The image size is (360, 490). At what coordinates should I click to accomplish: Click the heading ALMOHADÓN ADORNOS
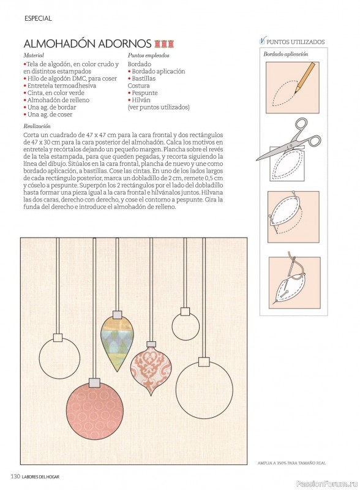88,43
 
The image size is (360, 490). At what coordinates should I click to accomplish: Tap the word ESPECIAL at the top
38,18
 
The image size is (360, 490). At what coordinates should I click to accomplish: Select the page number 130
16,477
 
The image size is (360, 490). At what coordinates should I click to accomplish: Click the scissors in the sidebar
288,139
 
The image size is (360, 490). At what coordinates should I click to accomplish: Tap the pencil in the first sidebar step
305,78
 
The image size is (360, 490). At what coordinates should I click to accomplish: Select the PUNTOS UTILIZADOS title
295,42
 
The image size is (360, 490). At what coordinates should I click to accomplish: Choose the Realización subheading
37,126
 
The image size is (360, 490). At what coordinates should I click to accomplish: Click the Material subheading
34,55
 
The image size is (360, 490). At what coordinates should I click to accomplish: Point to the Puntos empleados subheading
148,55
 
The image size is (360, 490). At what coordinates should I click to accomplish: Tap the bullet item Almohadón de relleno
56,100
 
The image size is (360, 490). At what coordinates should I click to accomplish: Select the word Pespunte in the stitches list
144,93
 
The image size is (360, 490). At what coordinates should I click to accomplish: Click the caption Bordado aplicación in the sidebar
286,54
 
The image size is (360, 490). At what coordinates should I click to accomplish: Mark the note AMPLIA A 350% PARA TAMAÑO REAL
291,463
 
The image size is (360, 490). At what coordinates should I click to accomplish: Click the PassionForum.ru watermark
326,483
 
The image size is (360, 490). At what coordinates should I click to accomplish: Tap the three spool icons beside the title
164,43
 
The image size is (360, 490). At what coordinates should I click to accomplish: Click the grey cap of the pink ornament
94,382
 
